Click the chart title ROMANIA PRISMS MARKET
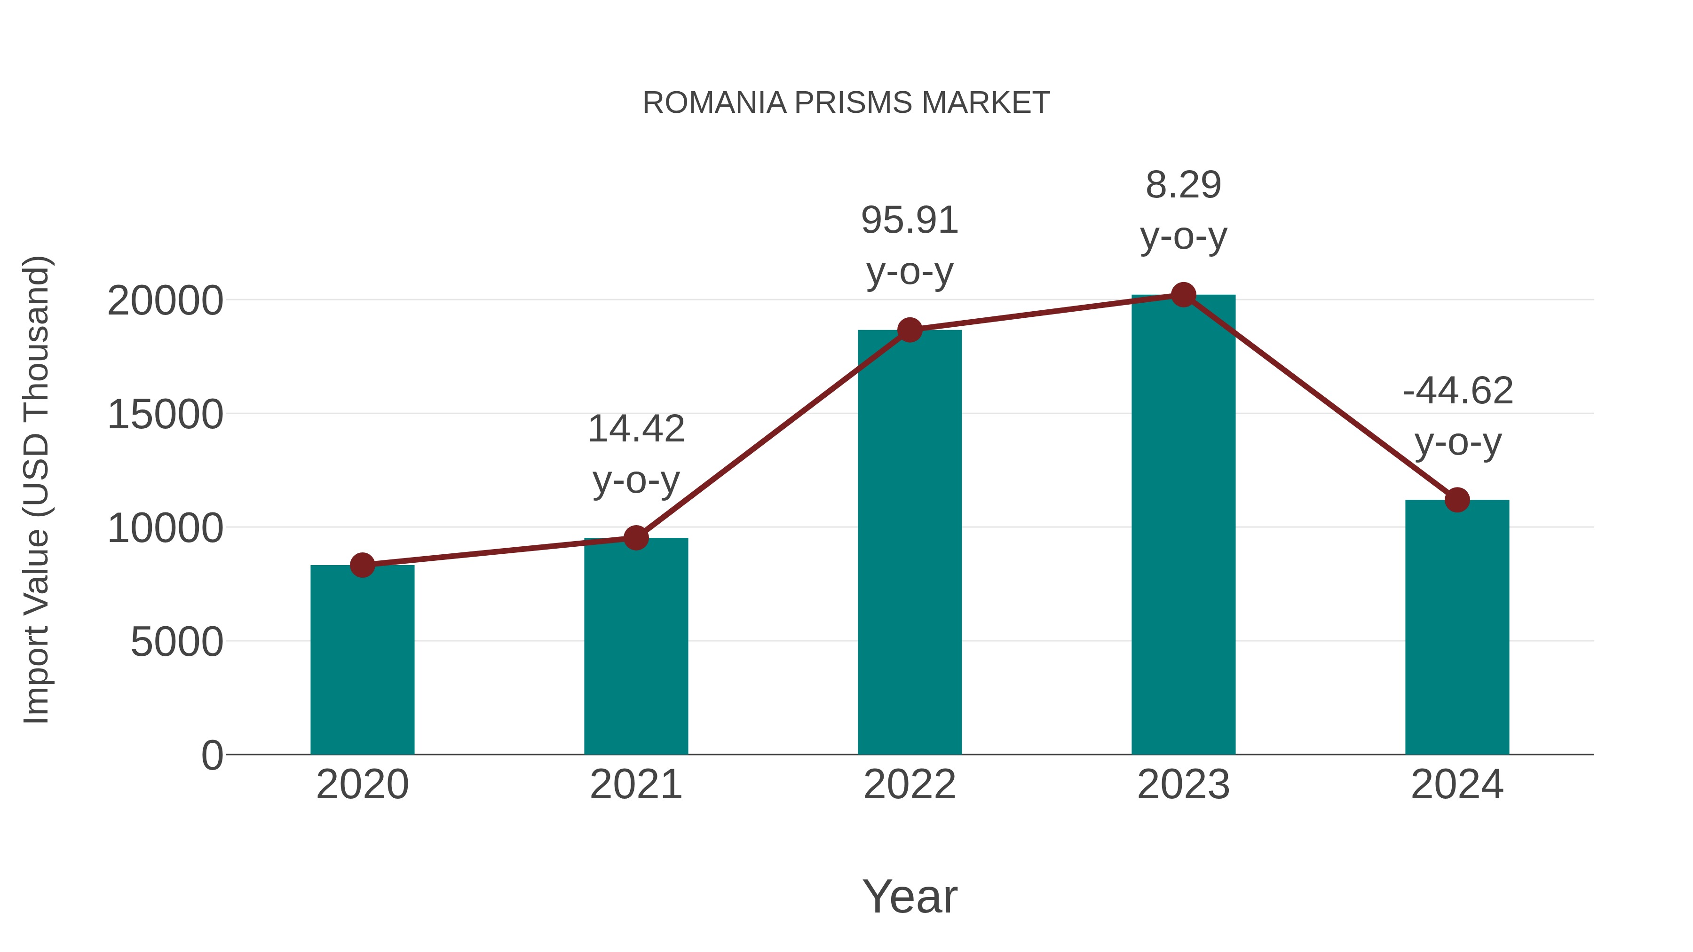point(846,103)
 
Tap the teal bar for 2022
point(910,542)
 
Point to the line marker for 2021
point(635,538)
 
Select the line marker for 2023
point(1183,295)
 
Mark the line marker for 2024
point(1457,500)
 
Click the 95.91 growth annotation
point(910,221)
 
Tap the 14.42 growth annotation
point(635,430)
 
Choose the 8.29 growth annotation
point(1183,185)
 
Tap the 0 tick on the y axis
point(212,755)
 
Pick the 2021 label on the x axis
point(635,785)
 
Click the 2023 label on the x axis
point(1183,785)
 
